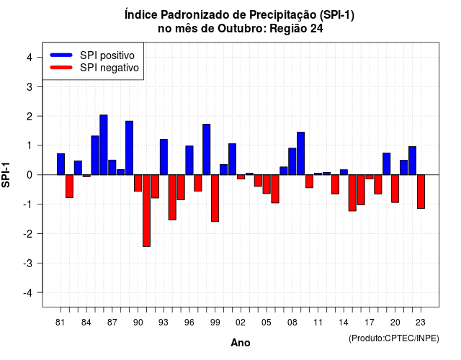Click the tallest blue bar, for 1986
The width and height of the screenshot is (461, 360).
(x=104, y=145)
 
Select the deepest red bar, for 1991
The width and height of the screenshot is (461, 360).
(x=146, y=210)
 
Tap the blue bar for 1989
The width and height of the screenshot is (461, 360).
(x=130, y=148)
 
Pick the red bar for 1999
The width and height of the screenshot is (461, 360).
(x=215, y=198)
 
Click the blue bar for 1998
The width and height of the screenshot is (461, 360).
(x=207, y=150)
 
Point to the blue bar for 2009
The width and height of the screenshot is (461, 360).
(x=301, y=153)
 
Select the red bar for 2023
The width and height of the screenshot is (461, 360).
(x=421, y=192)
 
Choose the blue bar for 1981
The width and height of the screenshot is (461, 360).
(x=61, y=164)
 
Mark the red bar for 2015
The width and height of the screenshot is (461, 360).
(x=352, y=193)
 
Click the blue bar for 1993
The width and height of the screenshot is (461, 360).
(x=164, y=157)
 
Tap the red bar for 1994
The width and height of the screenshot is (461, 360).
(x=172, y=197)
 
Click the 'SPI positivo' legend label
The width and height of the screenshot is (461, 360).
(x=107, y=55)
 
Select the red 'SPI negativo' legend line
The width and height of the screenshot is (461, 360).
(x=61, y=68)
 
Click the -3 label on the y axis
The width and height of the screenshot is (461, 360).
(x=28, y=264)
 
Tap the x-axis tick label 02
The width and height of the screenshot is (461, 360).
(x=240, y=323)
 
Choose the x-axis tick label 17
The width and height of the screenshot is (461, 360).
(x=370, y=323)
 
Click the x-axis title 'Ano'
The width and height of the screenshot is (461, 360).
(x=241, y=343)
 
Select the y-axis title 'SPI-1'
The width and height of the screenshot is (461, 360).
(x=6, y=175)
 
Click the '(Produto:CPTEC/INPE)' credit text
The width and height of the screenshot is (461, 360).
(x=394, y=338)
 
